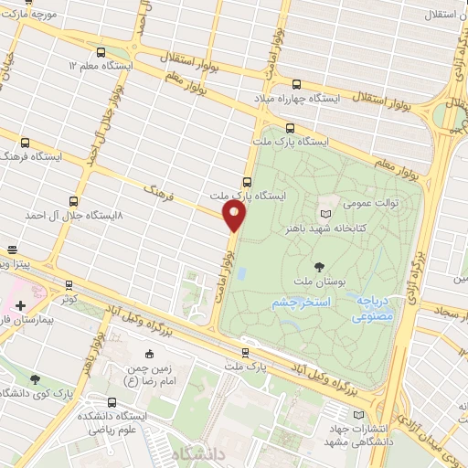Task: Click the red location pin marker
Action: [235, 216]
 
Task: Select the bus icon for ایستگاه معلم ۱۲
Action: [101, 52]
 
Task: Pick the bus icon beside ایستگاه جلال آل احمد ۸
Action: [74, 201]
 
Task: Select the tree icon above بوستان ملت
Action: [318, 267]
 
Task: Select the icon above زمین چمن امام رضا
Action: [150, 354]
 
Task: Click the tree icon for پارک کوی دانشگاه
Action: [35, 378]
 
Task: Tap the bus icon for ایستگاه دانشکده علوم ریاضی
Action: [112, 402]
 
